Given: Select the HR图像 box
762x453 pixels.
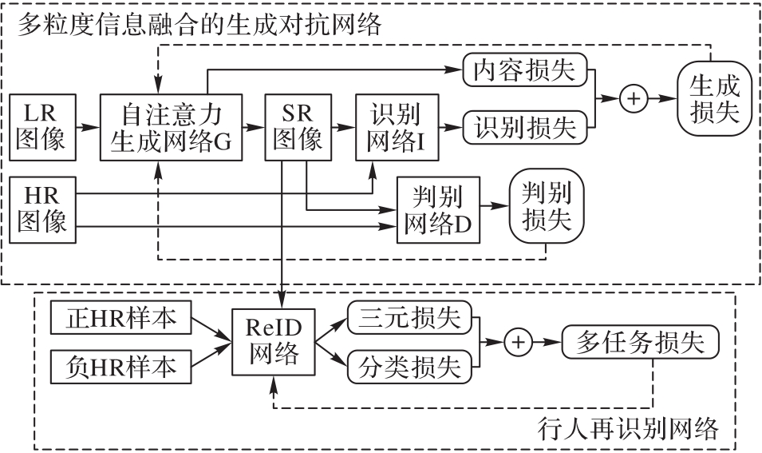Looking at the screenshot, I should click(41, 209).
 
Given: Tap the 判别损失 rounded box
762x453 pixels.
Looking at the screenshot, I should click(547, 206).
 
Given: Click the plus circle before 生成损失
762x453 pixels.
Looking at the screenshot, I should click(632, 98).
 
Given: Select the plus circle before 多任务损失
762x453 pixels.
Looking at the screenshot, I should click(518, 342).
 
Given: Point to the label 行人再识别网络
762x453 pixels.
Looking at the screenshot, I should click(628, 429).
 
